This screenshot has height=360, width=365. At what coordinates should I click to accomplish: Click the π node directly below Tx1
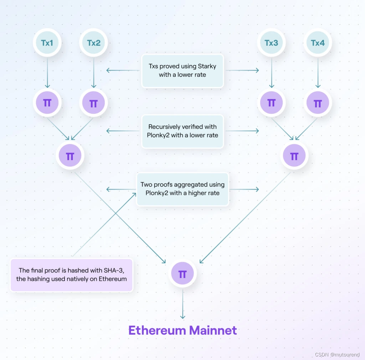pos(47,103)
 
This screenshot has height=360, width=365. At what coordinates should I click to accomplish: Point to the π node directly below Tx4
pos(318,103)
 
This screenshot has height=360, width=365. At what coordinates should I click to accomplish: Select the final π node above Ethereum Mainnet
pos(182,274)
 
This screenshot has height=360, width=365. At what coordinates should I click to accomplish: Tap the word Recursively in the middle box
pos(164,127)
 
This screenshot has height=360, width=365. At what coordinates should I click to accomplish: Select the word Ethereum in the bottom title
pos(157,330)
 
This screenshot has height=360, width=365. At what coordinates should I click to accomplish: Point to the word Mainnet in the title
pos(213,330)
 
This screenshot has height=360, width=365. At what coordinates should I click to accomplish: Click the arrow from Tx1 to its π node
pos(47,73)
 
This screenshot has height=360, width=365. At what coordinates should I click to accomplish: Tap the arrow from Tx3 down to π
pos(271,73)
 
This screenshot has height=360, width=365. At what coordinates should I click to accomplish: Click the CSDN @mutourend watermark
pos(338,354)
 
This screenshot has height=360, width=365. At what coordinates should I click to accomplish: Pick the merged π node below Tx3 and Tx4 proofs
pos(294,156)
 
